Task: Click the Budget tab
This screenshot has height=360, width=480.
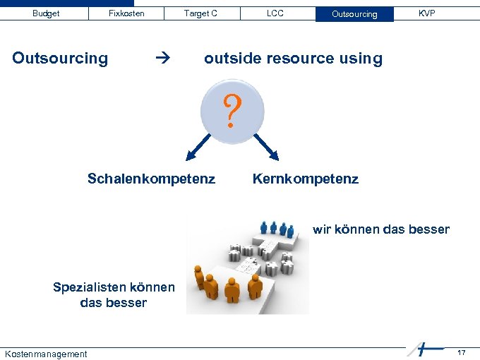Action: (x=46, y=13)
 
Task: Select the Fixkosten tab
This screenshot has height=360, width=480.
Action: (x=126, y=13)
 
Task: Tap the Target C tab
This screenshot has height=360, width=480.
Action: (x=200, y=13)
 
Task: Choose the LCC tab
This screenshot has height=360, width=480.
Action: (x=275, y=13)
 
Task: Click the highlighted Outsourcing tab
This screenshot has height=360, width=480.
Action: (x=354, y=14)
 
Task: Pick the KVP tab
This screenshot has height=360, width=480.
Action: (x=426, y=13)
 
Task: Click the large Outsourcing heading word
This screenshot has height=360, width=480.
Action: (x=60, y=59)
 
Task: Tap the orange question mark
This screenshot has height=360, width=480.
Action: (x=232, y=112)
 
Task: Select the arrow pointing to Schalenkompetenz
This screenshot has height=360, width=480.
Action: (x=198, y=149)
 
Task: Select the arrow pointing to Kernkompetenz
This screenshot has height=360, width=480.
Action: (x=268, y=149)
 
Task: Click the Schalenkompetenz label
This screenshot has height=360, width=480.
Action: (x=151, y=179)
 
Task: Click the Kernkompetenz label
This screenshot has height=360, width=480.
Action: (x=305, y=179)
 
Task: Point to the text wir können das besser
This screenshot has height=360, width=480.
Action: (x=380, y=229)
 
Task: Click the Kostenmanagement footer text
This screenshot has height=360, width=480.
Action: (x=46, y=354)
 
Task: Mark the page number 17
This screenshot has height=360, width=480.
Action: (x=461, y=352)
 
